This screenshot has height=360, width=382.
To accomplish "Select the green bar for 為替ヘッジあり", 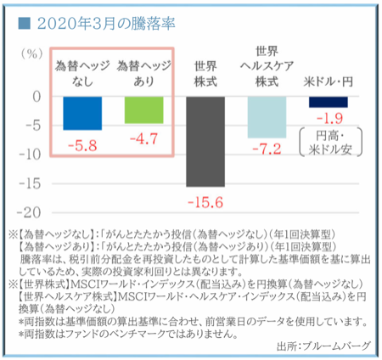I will [145, 110].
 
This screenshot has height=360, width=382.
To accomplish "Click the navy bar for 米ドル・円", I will [328, 101].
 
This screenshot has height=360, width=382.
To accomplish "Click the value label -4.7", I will [145, 138].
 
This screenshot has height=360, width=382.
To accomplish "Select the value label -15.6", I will [206, 202].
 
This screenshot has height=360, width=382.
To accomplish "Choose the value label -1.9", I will [328, 116].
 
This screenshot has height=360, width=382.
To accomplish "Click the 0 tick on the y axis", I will [37, 96].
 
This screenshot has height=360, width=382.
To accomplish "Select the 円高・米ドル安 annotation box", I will [329, 142].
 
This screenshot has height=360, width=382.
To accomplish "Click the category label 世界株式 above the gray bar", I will [206, 74].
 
